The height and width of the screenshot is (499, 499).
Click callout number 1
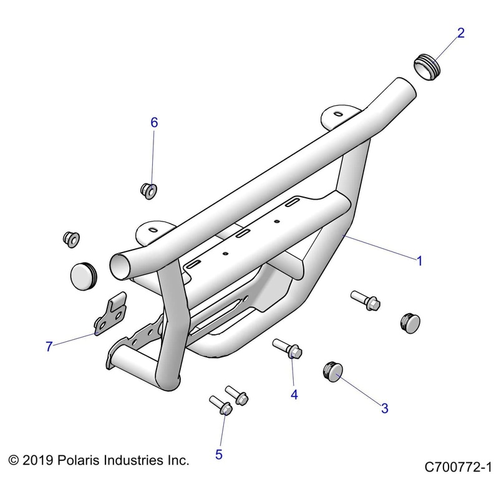point(420,261)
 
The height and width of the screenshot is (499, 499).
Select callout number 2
point(461,33)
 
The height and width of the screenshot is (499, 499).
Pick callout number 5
point(219,454)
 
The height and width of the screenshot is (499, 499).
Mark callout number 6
point(154,122)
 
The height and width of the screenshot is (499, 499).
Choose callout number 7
point(49,347)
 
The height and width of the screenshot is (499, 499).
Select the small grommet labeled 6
point(149,190)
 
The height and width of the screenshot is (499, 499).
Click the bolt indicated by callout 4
point(288,349)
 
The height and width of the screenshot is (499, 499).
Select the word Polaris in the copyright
point(79,461)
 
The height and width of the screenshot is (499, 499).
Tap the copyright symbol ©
point(14,461)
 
